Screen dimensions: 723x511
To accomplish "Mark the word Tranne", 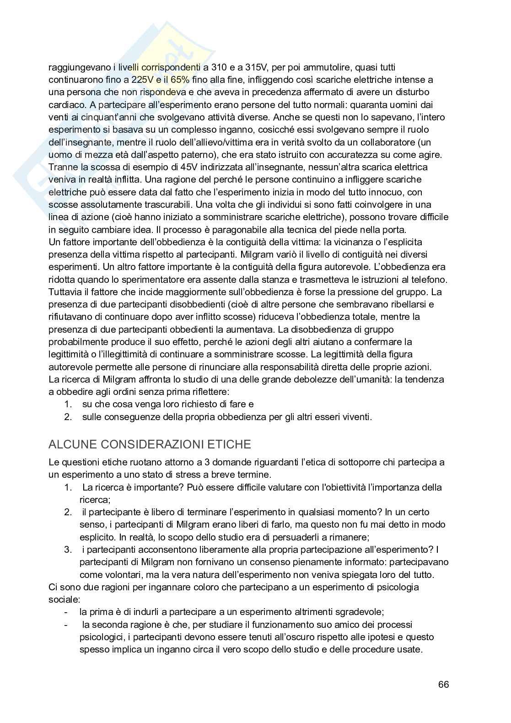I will [62, 167].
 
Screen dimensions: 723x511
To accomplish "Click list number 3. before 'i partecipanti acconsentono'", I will [68, 549].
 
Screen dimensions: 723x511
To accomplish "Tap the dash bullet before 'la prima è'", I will [66, 612].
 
